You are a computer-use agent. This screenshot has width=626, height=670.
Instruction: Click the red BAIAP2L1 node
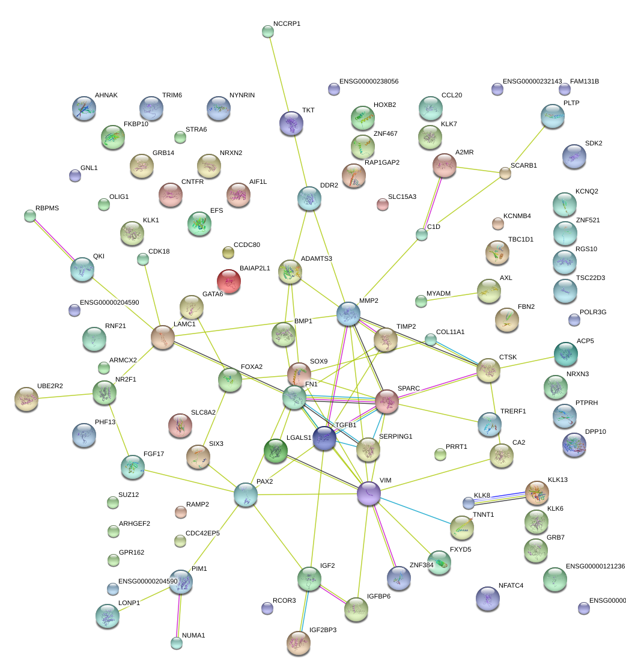pyautogui.click(x=228, y=281)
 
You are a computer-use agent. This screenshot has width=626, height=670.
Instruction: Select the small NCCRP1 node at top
pyautogui.click(x=268, y=31)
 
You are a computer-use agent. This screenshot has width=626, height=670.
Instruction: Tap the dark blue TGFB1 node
pyautogui.click(x=324, y=438)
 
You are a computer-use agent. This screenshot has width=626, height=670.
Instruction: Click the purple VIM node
pyautogui.click(x=369, y=493)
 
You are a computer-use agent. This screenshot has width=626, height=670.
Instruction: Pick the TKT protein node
pyautogui.click(x=291, y=123)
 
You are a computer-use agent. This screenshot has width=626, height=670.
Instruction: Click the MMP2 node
pyautogui.click(x=348, y=314)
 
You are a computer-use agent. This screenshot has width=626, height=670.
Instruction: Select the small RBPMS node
pyautogui.click(x=30, y=216)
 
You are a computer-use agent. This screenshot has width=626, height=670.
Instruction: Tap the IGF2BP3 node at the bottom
pyautogui.click(x=299, y=642)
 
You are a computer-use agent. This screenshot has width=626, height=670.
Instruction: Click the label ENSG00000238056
pyautogui.click(x=369, y=81)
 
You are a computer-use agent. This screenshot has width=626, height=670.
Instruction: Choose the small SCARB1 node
pyautogui.click(x=505, y=174)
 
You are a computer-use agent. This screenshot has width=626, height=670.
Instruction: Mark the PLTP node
pyautogui.click(x=553, y=117)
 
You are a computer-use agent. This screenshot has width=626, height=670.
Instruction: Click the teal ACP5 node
pyautogui.click(x=565, y=354)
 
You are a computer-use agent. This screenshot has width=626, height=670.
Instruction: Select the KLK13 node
pyautogui.click(x=536, y=493)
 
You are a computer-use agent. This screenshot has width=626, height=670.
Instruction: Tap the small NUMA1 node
pyautogui.click(x=176, y=643)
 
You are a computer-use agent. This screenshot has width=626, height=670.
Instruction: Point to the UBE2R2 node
pyautogui.click(x=26, y=399)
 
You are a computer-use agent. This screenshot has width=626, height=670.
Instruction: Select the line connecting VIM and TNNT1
pyautogui.click(x=415, y=511)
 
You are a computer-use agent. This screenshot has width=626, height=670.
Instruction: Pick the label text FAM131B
pyautogui.click(x=584, y=81)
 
